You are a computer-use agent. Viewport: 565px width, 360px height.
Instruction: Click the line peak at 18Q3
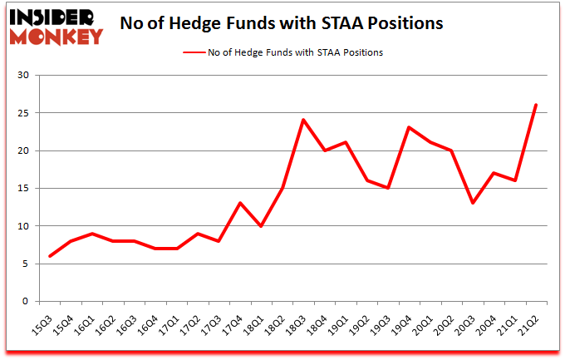303,120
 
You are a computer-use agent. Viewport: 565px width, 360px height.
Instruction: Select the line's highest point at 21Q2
536,105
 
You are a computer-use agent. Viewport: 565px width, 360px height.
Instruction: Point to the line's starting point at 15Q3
49,256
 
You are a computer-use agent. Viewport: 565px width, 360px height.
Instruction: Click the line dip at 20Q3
472,203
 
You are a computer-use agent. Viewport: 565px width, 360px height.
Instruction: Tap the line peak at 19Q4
409,127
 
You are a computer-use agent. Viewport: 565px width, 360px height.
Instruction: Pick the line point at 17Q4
239,203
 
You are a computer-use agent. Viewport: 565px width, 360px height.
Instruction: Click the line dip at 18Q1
261,226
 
